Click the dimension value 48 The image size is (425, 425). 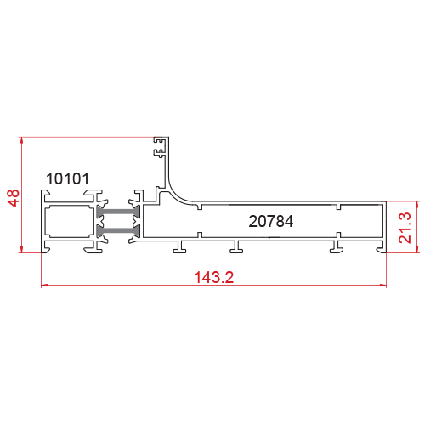coord(14,198)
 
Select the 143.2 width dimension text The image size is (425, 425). coord(214,277)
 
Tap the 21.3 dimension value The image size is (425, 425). coord(405,228)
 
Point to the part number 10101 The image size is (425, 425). coord(67,178)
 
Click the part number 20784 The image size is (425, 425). coord(271,221)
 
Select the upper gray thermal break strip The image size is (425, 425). coord(118,212)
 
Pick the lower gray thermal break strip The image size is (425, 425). coord(118,231)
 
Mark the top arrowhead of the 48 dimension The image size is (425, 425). coord(21,140)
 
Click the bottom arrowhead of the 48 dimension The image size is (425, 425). coord(21,249)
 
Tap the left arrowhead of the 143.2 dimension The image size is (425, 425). coord(45,286)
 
